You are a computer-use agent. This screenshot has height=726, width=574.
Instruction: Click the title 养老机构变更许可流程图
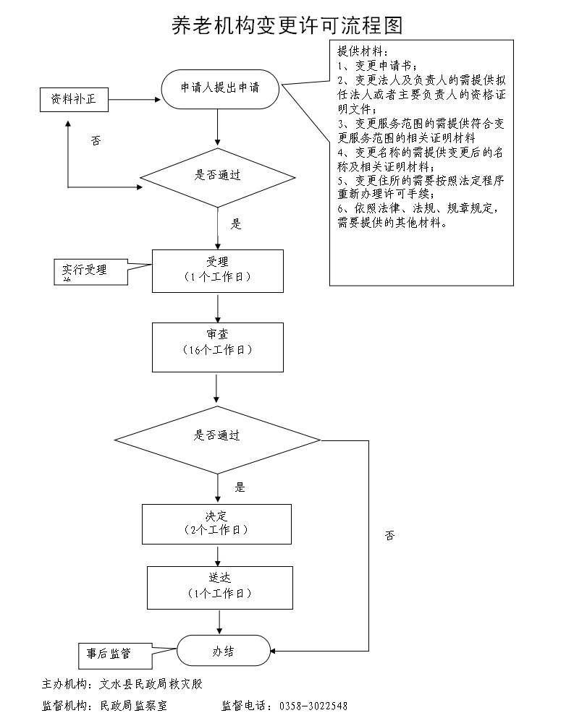pos(287,25)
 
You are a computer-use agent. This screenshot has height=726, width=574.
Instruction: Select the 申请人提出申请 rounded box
pos(220,87)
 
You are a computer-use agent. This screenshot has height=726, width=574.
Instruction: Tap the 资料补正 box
pos(73,100)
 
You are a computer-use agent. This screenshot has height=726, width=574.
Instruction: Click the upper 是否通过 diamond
pos(218,176)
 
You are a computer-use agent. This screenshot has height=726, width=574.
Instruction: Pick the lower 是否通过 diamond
pos(217,436)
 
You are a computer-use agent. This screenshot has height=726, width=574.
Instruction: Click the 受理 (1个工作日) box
pos(217,270)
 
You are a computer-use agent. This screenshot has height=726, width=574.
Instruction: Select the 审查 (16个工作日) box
pos(217,347)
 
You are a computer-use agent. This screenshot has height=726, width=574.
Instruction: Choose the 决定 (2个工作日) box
pos(216,524)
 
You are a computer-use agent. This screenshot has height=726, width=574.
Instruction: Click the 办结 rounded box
pos(223,652)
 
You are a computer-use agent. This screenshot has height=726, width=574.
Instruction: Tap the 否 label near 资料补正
pos(96,141)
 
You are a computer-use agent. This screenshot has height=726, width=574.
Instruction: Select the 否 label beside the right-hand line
pos(390,536)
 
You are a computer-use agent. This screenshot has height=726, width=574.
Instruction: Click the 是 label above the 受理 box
pos(236,224)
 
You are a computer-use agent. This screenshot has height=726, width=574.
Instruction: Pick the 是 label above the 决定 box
pos(240,487)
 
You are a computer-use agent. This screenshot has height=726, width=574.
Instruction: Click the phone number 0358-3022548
pos(313,706)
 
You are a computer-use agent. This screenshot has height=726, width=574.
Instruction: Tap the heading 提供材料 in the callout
pos(363,52)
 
